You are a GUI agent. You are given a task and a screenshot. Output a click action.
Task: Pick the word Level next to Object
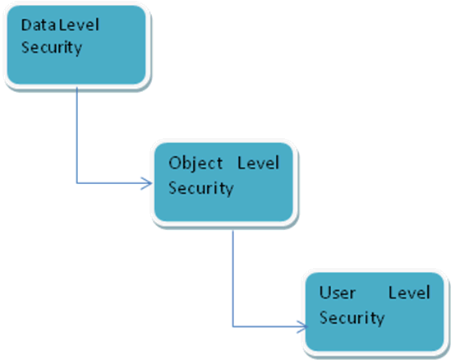click(258, 163)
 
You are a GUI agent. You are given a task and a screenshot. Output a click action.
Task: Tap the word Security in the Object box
click(200, 187)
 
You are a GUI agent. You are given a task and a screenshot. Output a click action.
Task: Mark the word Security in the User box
click(352, 318)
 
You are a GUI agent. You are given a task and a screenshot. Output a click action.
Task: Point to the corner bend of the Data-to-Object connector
click(76, 183)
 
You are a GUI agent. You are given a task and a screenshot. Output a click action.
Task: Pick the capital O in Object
click(174, 163)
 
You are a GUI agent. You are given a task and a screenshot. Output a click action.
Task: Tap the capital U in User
click(324, 293)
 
